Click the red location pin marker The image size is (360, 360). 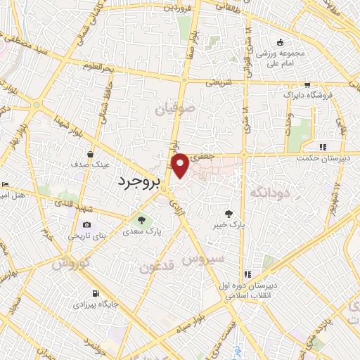(181, 164)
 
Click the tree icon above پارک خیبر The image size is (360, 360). (229, 214)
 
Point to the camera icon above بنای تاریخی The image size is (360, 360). (77, 224)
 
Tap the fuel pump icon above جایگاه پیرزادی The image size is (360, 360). (95, 293)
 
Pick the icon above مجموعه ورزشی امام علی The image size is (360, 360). (281, 42)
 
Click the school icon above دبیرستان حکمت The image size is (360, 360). (323, 147)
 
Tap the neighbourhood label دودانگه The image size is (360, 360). (268, 191)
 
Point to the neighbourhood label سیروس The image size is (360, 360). (203, 258)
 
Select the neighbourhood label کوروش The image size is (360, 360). (70, 264)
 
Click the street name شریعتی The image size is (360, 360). (217, 82)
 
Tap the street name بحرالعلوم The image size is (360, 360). (97, 67)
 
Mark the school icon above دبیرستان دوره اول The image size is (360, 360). (247, 274)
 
